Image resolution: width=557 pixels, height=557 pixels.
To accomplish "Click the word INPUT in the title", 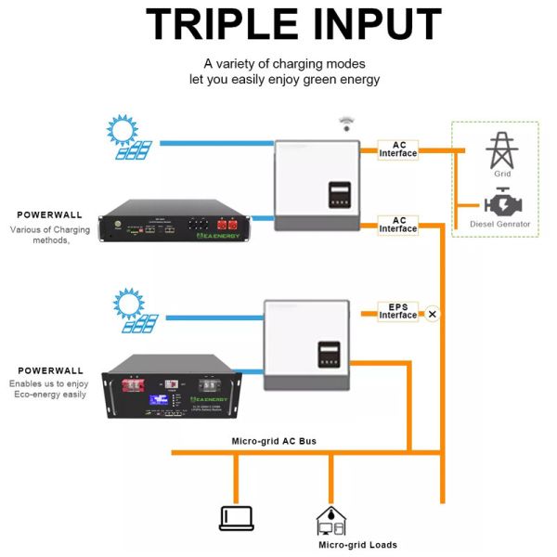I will click(x=366, y=25).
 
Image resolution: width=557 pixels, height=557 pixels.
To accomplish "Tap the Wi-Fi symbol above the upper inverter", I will click(x=346, y=123).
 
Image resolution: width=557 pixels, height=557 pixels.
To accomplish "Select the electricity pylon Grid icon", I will click(x=501, y=149).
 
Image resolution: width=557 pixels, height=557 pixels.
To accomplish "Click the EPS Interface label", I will click(x=398, y=311).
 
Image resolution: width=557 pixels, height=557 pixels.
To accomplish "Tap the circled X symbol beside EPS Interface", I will click(x=432, y=315).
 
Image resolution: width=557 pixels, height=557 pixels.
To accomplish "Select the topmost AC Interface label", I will click(x=399, y=149).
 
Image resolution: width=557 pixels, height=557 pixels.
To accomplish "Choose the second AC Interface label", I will click(x=399, y=225).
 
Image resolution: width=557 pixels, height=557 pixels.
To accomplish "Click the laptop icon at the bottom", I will click(x=236, y=518).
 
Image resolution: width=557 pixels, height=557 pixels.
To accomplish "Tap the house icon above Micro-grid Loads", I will click(x=331, y=520).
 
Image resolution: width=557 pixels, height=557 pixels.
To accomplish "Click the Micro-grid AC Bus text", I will click(x=274, y=440).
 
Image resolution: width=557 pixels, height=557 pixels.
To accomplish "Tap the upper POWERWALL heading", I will click(x=50, y=214).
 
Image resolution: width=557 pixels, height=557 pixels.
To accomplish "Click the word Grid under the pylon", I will click(x=501, y=174).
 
